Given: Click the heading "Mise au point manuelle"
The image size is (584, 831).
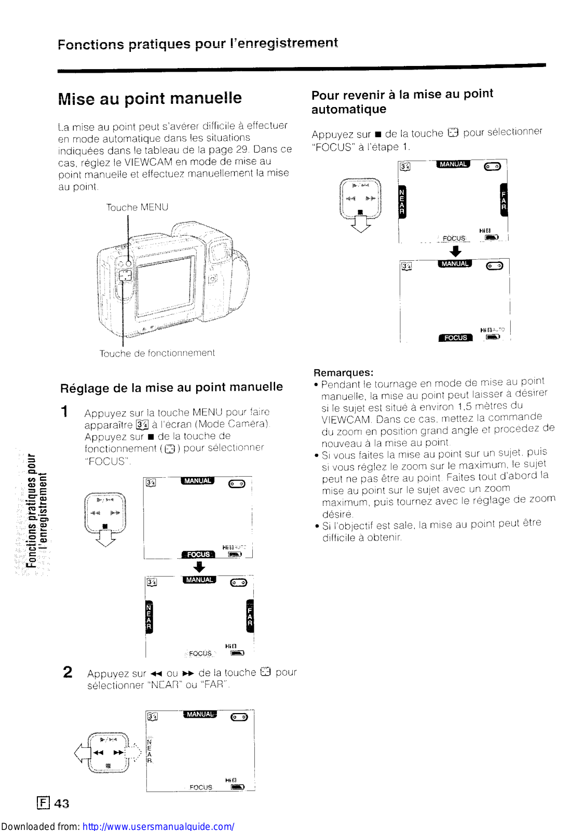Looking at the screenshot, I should pos(150,98).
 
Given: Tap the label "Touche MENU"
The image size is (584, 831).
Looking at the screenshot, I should pos(137,207).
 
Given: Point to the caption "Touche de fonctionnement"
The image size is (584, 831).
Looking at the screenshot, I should pos(157,353).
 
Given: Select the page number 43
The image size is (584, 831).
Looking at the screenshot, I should pos(61,803).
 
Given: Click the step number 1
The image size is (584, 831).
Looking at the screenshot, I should pos(64,412).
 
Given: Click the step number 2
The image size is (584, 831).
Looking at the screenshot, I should pos(67,672).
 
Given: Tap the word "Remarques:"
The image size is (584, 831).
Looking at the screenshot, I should pos(343,372).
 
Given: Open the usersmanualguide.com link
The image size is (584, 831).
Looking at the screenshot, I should pos(158,826).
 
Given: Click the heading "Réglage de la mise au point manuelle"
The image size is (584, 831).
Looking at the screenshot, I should pos(171,387).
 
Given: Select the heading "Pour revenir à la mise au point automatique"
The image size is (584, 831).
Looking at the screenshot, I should pos(402,101).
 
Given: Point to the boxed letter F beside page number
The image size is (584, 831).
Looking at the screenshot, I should pos(44,803).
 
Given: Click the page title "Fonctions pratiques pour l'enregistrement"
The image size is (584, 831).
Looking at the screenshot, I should pos(198,44).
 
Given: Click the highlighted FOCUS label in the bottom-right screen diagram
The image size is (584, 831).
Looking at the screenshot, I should pos(455,338).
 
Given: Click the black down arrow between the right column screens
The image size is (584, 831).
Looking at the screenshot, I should pos(455,251).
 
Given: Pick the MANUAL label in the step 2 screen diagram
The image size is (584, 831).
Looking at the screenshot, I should pos(200,715).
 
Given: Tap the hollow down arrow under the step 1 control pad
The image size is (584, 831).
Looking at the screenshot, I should pos(106,540).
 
